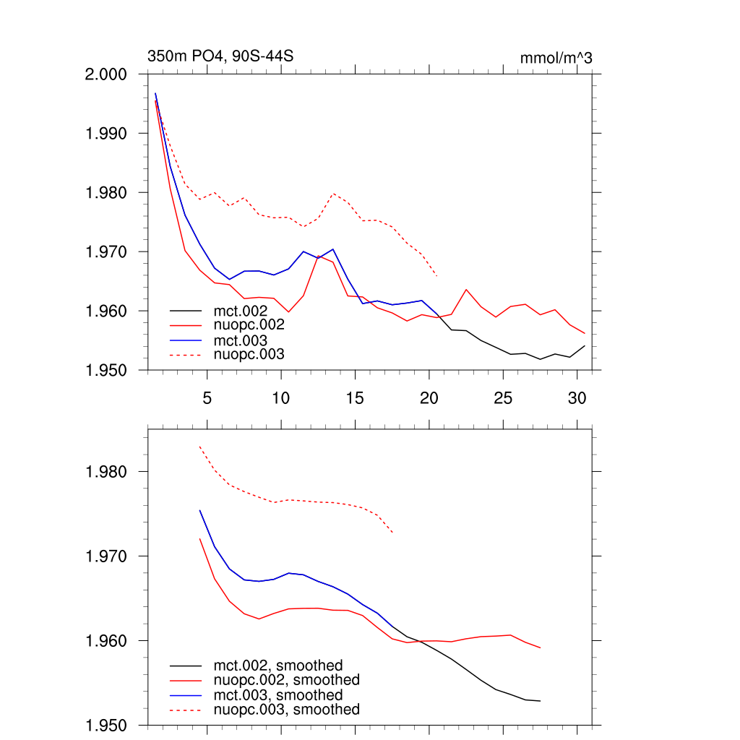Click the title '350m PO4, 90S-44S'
click(220, 56)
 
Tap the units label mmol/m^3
click(556, 58)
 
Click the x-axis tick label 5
click(207, 397)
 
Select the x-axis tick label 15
click(354, 397)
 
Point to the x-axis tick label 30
click(576, 397)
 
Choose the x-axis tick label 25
click(502, 397)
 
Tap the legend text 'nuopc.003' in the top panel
click(249, 354)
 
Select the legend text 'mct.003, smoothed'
click(278, 695)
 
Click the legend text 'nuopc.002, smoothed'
click(286, 680)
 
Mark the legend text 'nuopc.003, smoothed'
click(286, 710)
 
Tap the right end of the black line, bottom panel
click(540, 701)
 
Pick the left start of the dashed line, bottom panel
click(199, 447)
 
